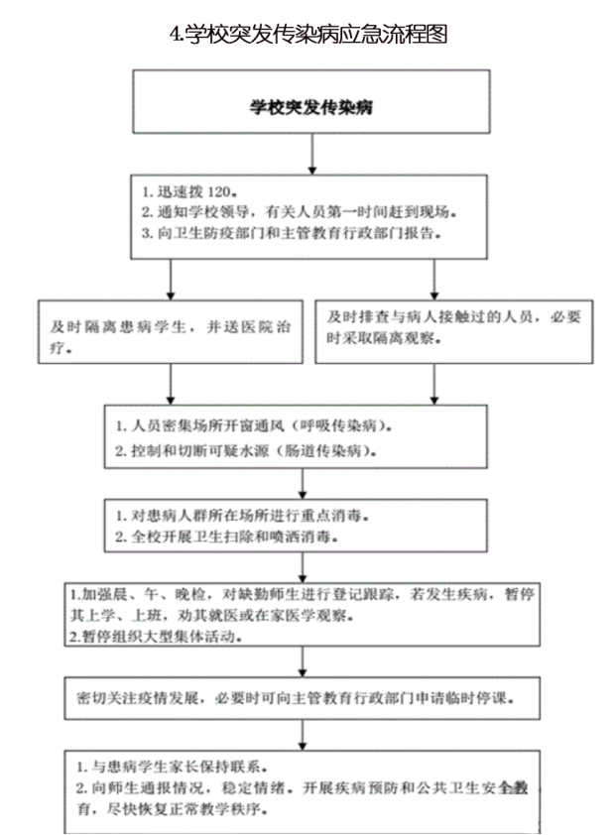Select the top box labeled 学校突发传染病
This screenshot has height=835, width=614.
click(x=311, y=103)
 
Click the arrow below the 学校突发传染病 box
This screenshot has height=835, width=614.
click(x=312, y=154)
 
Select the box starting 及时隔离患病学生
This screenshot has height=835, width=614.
click(x=171, y=332)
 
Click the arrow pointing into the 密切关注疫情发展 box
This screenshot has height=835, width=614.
click(x=302, y=662)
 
